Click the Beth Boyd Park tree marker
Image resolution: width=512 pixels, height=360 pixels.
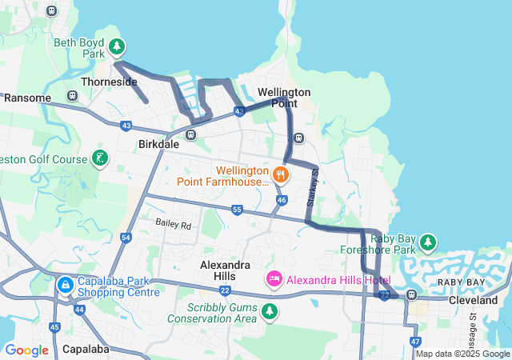point(118,47)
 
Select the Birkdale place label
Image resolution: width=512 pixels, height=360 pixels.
point(158,145)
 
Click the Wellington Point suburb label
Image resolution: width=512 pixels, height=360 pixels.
point(278,98)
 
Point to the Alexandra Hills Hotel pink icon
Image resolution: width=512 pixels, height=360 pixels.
point(274,278)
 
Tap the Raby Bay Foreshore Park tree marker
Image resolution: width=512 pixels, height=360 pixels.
point(429,241)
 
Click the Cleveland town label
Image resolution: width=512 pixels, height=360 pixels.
point(473,300)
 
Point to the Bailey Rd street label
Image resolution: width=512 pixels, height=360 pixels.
point(174,225)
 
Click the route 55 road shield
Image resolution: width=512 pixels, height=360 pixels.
point(237,210)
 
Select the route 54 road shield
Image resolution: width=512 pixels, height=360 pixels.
point(126,238)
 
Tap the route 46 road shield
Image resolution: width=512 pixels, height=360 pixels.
point(282,200)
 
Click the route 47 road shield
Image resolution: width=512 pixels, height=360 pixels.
point(415,342)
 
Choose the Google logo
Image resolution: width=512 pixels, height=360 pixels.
point(26,350)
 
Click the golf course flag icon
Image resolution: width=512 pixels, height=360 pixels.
point(99,158)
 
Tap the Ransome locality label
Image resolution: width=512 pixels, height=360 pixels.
point(28,98)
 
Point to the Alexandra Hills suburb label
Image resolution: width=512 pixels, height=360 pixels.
point(225,270)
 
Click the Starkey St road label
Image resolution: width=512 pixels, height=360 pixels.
point(313,185)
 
